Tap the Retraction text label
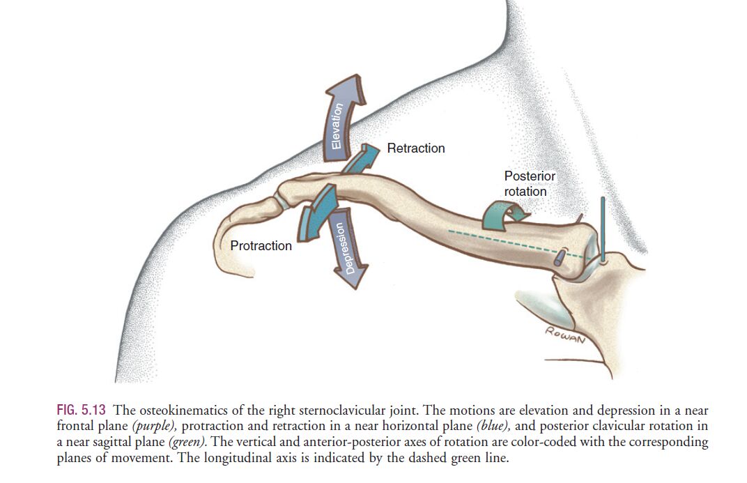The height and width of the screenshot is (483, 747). coord(416,148)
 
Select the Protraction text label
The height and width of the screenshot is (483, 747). coord(261,246)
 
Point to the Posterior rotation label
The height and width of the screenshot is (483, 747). coord(530,183)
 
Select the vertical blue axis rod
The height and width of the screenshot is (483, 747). coord(603,229)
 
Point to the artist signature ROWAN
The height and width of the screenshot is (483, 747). coord(565,335)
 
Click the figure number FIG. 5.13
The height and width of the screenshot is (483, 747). coord(81,410)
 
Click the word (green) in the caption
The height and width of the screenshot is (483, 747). coord(187,442)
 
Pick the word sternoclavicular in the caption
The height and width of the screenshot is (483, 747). coord(327,410)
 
